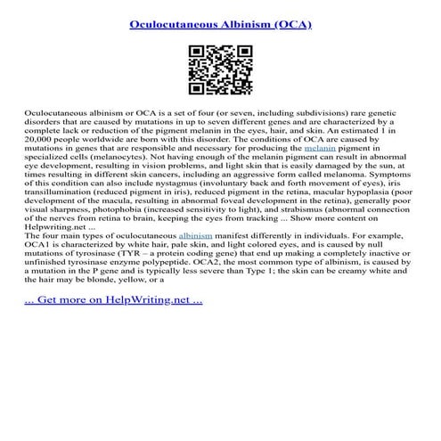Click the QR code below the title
(x=219, y=69)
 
